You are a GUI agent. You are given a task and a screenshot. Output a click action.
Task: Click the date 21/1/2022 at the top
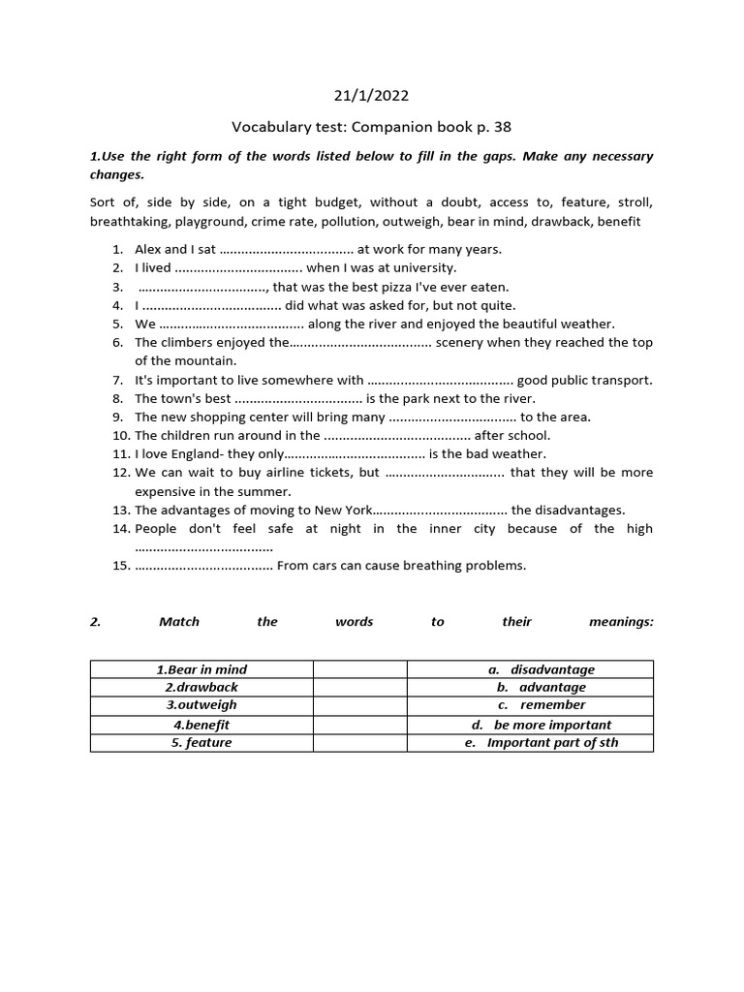(371, 95)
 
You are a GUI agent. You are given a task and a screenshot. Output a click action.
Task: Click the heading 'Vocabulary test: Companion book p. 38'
(371, 127)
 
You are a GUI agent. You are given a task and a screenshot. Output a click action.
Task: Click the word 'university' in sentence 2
(423, 267)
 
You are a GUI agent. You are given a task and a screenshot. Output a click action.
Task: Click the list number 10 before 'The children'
(121, 435)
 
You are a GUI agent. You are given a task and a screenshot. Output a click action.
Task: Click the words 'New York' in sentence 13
(342, 510)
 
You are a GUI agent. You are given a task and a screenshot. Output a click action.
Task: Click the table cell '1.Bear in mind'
(201, 669)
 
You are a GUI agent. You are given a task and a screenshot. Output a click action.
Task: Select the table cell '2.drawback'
(201, 687)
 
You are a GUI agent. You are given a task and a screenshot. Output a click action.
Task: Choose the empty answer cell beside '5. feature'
(359, 743)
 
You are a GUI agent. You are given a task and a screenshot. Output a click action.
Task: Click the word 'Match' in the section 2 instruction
(172, 622)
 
